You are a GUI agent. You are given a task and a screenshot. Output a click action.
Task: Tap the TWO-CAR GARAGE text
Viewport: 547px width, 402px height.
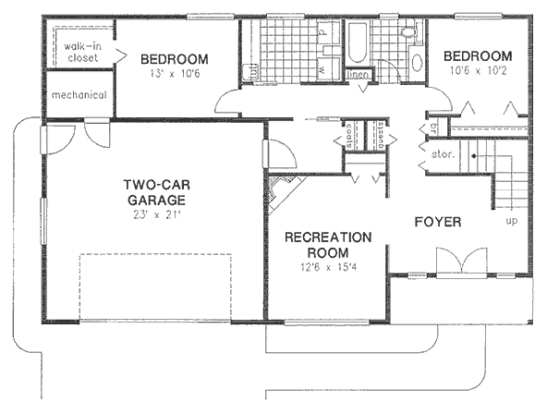click(155, 191)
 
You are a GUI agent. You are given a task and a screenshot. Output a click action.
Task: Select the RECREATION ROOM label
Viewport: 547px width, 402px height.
click(328, 245)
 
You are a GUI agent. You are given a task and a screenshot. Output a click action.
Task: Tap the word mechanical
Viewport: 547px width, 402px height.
click(79, 95)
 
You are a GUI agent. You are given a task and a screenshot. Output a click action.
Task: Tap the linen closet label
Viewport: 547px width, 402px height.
click(359, 75)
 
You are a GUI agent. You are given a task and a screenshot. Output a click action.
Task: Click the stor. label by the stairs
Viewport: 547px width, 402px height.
click(442, 155)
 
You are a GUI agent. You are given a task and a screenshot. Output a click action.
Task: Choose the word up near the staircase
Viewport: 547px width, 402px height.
click(510, 222)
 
